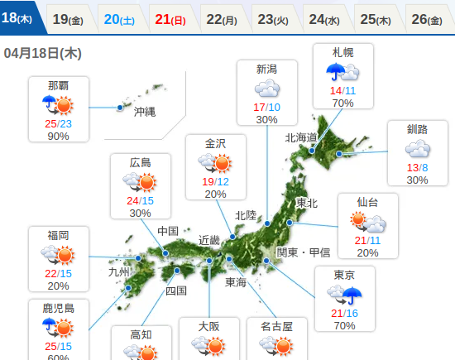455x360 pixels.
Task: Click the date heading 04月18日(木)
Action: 42,53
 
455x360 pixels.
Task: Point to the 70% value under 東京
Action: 344,325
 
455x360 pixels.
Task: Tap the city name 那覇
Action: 58,85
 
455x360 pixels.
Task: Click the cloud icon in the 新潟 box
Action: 266,89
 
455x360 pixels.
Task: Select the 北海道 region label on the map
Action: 301,137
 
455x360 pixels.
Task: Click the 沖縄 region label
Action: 144,112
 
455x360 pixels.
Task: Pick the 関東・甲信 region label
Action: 303,252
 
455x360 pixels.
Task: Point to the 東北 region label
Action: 307,203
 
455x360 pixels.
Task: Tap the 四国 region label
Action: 176,290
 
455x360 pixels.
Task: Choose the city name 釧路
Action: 417,129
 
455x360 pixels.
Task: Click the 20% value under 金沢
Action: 215,194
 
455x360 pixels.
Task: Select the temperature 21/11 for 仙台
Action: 367,240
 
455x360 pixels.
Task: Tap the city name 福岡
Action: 58,235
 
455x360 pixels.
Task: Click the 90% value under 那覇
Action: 58,136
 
